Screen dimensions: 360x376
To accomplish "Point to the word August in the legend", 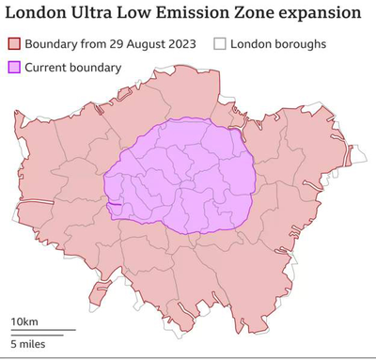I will [x=141, y=44].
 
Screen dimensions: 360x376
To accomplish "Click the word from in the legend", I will [x=89, y=44].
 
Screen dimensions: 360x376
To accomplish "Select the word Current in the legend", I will [x=48, y=67].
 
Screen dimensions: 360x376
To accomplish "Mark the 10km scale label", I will [x=24, y=321].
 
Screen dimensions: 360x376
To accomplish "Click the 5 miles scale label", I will [x=27, y=343].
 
